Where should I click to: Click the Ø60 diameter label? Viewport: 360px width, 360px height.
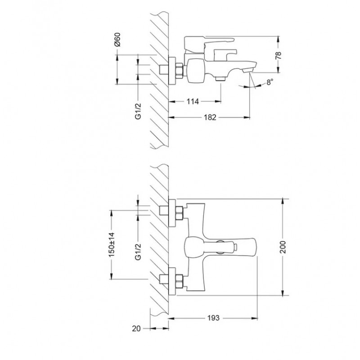pyautogui.click(x=117, y=40)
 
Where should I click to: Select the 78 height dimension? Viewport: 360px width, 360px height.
pyautogui.click(x=278, y=55)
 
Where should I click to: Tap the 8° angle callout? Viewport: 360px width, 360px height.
pyautogui.click(x=270, y=82)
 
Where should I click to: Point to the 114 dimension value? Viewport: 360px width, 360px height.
pyautogui.click(x=193, y=101)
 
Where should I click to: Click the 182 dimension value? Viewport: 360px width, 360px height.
pyautogui.click(x=210, y=117)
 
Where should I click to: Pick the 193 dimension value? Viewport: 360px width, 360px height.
pyautogui.click(x=213, y=318)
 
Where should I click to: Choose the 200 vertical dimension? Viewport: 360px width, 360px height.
pyautogui.click(x=283, y=247)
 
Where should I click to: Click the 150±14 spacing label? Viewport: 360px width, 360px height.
pyautogui.click(x=112, y=244)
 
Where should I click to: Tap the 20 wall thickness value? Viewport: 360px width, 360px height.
pyautogui.click(x=136, y=328)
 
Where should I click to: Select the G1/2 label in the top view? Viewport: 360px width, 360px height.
pyautogui.click(x=138, y=111)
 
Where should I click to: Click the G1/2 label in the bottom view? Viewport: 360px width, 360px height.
pyautogui.click(x=138, y=252)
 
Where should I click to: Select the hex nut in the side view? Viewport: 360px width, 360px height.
pyautogui.click(x=179, y=69)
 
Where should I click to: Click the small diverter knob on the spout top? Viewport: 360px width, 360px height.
pyautogui.click(x=235, y=247)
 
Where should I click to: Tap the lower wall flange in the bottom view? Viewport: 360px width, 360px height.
pyautogui.click(x=172, y=280)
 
